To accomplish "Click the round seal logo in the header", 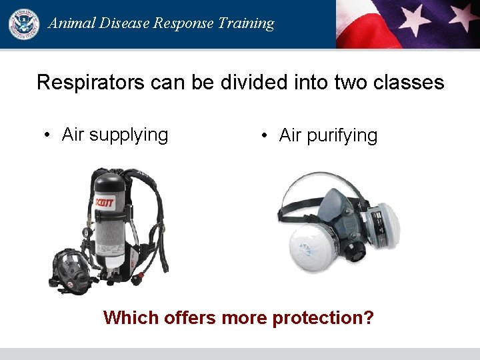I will click(23, 23).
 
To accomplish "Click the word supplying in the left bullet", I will click(129, 135).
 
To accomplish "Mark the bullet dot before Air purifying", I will click(265, 136).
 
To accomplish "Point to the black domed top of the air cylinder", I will click(109, 179).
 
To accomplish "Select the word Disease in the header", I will click(124, 23).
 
